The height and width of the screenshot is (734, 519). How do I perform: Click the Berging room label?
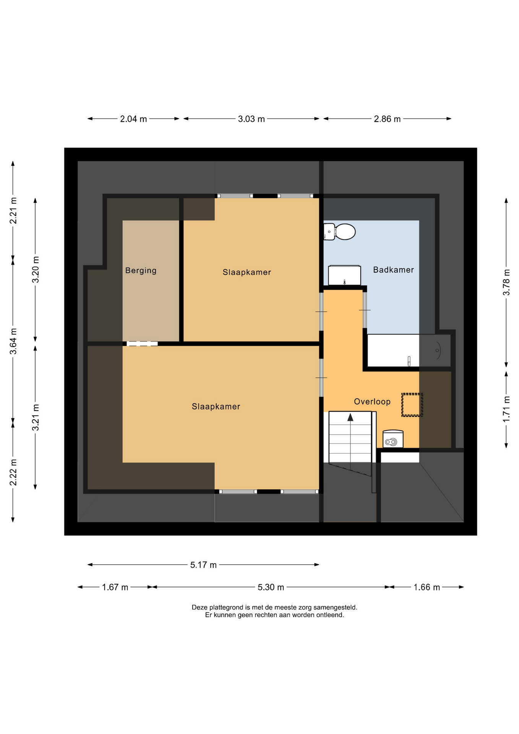(x=141, y=271)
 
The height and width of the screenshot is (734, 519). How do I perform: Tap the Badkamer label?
(x=393, y=270)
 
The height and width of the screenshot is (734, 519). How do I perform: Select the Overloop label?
(x=372, y=401)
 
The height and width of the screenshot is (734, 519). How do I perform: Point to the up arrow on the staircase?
(x=350, y=417)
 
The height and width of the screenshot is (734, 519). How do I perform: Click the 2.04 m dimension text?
(x=133, y=119)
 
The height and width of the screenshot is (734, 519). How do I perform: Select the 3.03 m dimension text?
(x=251, y=119)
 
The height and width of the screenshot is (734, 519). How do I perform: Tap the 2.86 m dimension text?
(x=387, y=119)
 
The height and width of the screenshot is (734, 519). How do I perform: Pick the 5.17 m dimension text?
(x=203, y=565)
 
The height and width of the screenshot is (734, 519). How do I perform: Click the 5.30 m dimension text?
(x=271, y=587)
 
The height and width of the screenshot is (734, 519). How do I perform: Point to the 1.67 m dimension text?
(x=115, y=587)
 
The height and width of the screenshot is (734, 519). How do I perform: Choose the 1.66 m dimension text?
(x=427, y=587)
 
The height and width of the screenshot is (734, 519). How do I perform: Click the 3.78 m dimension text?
(x=506, y=282)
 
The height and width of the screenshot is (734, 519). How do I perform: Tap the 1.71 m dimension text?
(x=506, y=409)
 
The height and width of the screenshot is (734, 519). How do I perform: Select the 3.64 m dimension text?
(x=13, y=341)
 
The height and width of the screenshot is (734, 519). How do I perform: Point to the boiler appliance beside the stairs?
(x=393, y=439)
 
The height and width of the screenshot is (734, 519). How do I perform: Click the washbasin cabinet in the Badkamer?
(x=344, y=275)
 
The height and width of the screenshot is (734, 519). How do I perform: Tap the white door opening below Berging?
(x=142, y=344)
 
